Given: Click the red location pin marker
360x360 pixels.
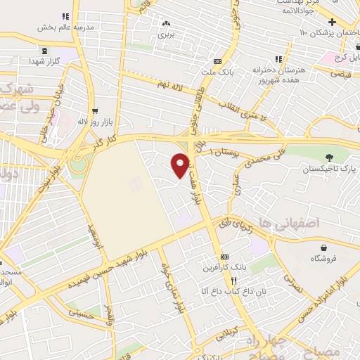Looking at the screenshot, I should pos(180,166).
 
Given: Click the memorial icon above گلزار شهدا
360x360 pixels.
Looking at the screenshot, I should pos(46,51).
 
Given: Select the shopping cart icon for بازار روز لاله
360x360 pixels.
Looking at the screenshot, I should pos(94,110).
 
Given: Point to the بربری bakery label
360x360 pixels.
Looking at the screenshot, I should pos(166,33).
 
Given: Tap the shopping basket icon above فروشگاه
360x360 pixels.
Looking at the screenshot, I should pos(323,247).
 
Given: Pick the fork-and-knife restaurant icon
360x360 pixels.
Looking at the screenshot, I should pos(224,280).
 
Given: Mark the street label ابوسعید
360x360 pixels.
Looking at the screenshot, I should pos(94,236).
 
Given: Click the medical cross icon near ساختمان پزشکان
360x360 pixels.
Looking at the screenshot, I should pos(342,22).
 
